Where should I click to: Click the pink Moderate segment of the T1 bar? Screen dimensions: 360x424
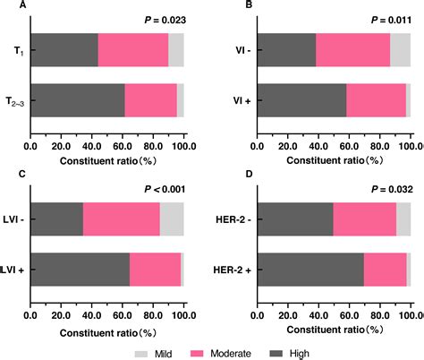point(132,49)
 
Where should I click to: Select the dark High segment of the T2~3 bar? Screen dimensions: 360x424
point(77,100)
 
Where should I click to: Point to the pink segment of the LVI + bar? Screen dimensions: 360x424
point(155,270)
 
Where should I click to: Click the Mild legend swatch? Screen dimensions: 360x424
point(141,353)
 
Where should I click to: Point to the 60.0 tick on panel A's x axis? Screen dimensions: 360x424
point(123,147)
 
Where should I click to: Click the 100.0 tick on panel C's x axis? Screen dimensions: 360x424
point(183,317)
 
